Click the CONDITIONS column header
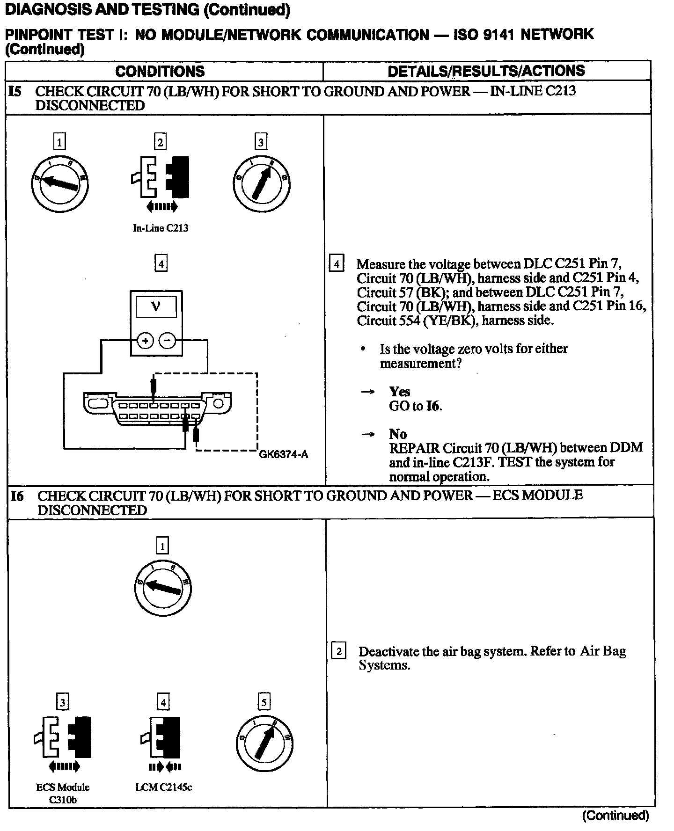(160, 71)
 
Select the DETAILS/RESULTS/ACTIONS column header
(486, 71)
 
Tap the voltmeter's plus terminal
(145, 341)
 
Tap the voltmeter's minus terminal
(168, 341)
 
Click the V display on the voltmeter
(156, 307)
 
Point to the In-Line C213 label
(161, 228)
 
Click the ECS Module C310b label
(63, 793)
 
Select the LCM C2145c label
(163, 787)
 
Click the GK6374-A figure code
(284, 454)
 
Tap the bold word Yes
(399, 392)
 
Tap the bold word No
(398, 434)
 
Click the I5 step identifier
(15, 91)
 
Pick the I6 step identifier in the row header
(17, 496)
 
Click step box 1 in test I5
(59, 141)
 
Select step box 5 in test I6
(264, 702)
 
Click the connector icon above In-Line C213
(161, 177)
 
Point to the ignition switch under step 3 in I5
(261, 183)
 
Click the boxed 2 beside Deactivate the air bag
(338, 651)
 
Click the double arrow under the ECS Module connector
(64, 766)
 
